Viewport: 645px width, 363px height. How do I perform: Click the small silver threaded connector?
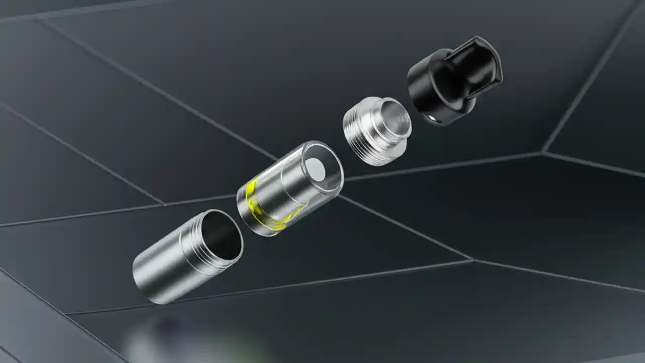(x=375, y=131)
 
